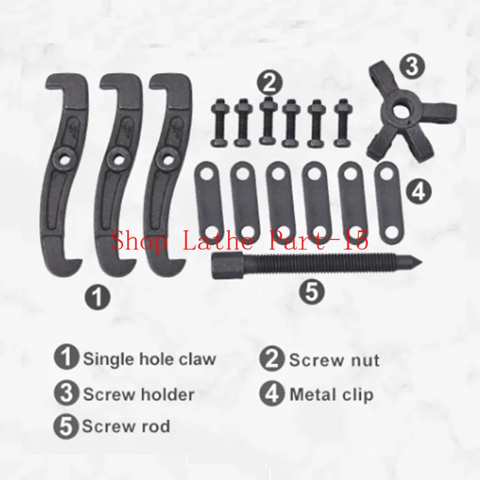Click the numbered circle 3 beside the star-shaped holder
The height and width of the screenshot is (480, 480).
click(412, 66)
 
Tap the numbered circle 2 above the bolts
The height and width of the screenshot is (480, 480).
click(269, 83)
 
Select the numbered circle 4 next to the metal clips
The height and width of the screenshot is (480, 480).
click(419, 191)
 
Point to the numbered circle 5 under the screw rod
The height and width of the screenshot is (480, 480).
click(312, 291)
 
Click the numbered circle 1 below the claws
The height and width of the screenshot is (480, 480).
click(98, 296)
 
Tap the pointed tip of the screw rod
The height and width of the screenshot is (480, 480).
click(422, 262)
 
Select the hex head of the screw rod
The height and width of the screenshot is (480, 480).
click(228, 266)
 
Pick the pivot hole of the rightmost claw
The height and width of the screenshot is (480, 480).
click(167, 159)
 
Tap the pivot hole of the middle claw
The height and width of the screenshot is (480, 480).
click(116, 159)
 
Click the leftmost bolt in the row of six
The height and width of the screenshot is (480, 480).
click(220, 122)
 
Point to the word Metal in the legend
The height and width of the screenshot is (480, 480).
click(310, 394)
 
